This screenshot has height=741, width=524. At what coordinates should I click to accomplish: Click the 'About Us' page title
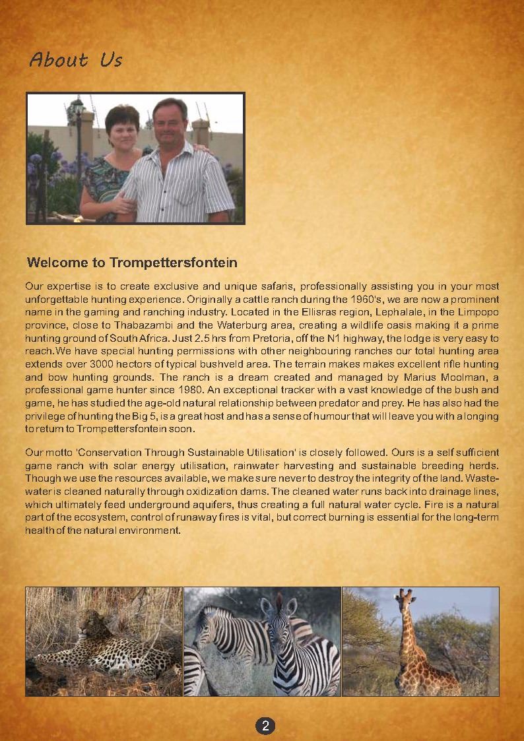click(76, 60)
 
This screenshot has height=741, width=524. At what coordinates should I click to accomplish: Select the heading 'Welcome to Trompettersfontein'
click(132, 263)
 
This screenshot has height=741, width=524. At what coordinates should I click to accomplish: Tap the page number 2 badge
click(265, 726)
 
